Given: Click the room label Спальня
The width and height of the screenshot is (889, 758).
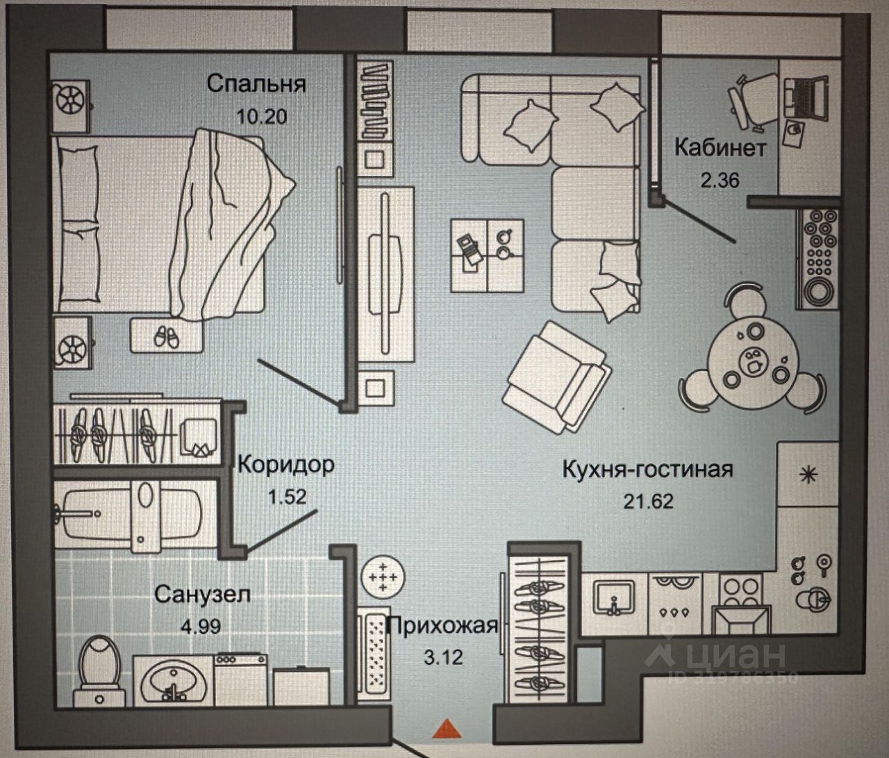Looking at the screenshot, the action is pos(256,84).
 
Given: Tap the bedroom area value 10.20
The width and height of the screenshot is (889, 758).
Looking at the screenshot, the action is pos(261,115).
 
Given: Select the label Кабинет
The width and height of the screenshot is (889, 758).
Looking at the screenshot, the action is pos(720,148).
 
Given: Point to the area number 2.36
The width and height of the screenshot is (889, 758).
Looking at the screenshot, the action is pos(720,181).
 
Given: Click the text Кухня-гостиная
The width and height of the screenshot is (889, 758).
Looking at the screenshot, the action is pos(647,469).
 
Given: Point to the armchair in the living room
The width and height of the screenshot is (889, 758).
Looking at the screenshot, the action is pos(557,377).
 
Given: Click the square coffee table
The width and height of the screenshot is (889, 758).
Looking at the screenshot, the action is pos(486,254).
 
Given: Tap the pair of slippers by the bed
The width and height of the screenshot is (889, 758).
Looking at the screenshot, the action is pos(165,337).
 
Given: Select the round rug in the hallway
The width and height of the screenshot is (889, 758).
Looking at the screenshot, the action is pos(381,576).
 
